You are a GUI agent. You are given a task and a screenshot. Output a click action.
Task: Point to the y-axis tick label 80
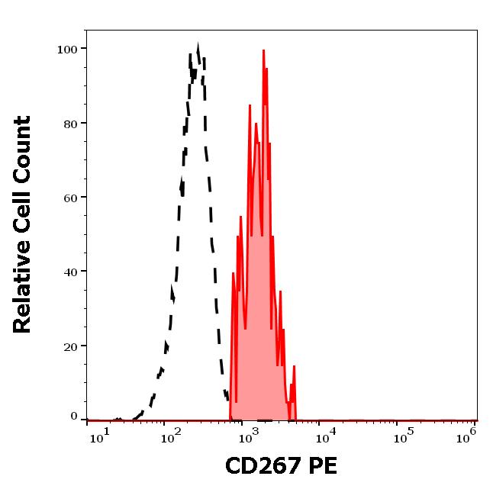(70, 124)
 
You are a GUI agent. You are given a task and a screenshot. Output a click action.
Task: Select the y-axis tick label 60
(70, 198)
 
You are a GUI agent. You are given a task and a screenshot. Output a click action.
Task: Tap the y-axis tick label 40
(70, 272)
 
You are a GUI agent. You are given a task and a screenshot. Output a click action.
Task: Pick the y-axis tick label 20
(70, 346)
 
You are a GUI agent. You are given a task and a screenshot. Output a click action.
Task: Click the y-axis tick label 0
(74, 417)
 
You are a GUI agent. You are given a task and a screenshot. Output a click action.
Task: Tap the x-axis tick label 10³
(246, 437)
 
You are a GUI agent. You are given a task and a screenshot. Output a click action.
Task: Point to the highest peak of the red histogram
(263, 51)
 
